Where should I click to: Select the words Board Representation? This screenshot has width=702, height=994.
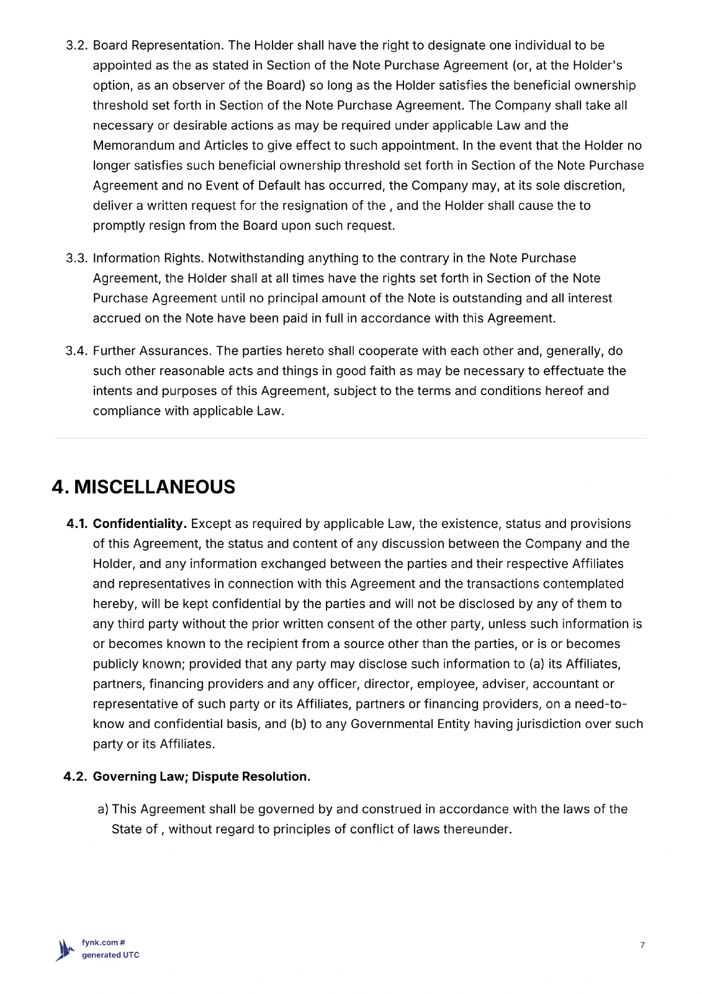[158, 46]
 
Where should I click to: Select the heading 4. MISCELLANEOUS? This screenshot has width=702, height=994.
[143, 487]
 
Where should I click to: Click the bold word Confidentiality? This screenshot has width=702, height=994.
[140, 524]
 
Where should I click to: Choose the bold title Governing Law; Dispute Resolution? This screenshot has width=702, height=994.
[202, 777]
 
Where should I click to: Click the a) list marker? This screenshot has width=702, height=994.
[103, 809]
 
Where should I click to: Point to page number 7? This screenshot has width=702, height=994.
[642, 946]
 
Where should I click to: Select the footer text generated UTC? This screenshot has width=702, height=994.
[110, 955]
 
